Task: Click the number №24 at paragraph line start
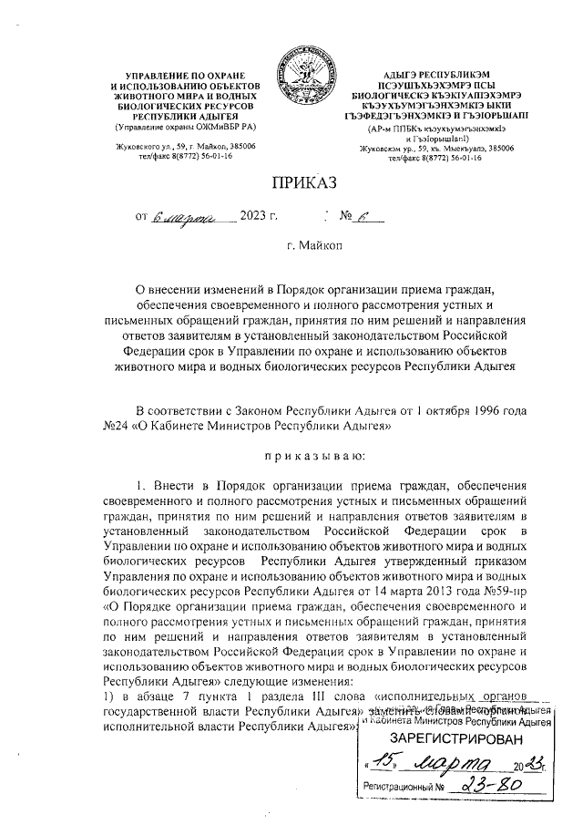point(118,425)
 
